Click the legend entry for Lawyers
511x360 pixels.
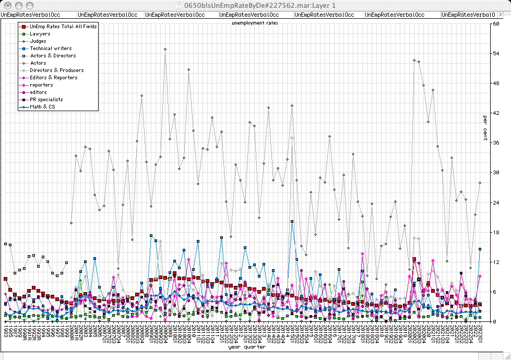(40, 33)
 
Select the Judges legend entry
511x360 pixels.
(38, 41)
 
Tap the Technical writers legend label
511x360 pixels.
(51, 48)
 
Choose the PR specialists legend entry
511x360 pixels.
(46, 99)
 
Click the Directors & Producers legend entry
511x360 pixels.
(56, 70)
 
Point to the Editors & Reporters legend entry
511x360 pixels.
(53, 77)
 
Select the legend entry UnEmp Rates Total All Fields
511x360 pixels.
(63, 26)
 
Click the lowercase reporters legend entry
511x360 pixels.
(41, 85)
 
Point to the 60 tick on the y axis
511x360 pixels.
(496, 23)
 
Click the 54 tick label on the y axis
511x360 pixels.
(496, 53)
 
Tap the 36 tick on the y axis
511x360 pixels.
(496, 142)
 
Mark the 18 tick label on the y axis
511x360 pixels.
(496, 232)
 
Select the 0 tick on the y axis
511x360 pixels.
(494, 321)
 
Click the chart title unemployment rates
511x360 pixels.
(255, 23)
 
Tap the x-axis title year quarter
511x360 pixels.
(246, 347)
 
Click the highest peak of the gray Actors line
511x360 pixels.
(165, 49)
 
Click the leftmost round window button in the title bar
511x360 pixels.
(6, 5)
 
